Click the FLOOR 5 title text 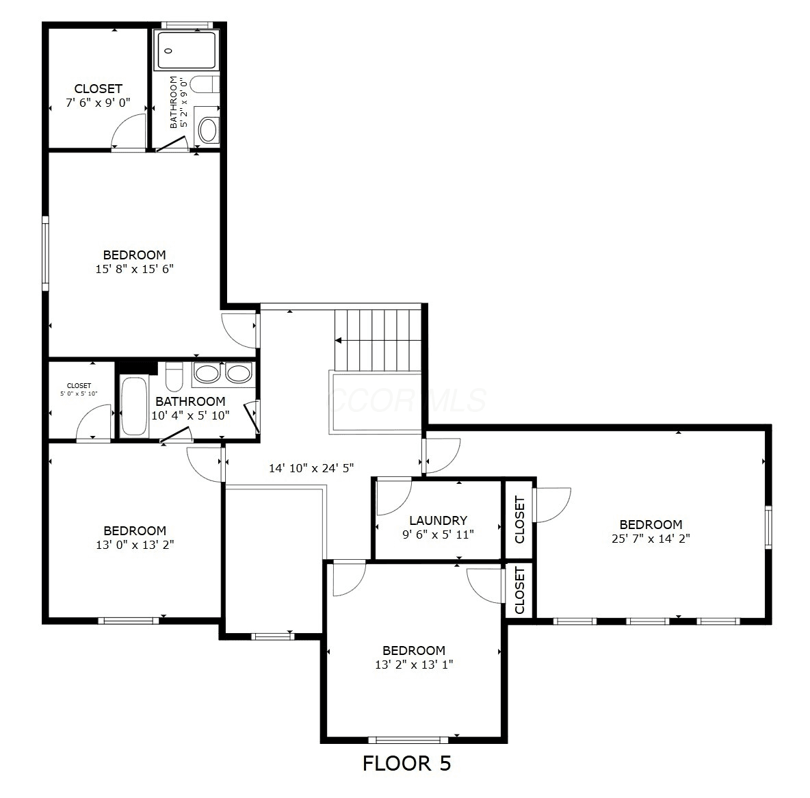point(406,763)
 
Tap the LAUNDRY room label point(438,520)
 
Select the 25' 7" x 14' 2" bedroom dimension point(651,539)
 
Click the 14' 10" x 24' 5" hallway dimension point(311,468)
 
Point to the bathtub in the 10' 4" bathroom point(134,407)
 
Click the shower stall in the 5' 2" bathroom point(187,50)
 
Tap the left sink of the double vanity point(207,373)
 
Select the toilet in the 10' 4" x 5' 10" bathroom point(174,377)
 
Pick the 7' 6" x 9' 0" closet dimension point(98,103)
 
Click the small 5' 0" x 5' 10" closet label point(79,389)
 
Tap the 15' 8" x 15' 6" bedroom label point(134,262)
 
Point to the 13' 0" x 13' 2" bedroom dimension point(135,545)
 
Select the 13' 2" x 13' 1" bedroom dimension point(414,665)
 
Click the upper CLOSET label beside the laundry point(520,519)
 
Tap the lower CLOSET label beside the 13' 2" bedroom point(520,590)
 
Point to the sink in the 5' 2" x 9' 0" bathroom point(208,130)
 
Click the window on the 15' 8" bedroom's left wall point(45,253)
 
